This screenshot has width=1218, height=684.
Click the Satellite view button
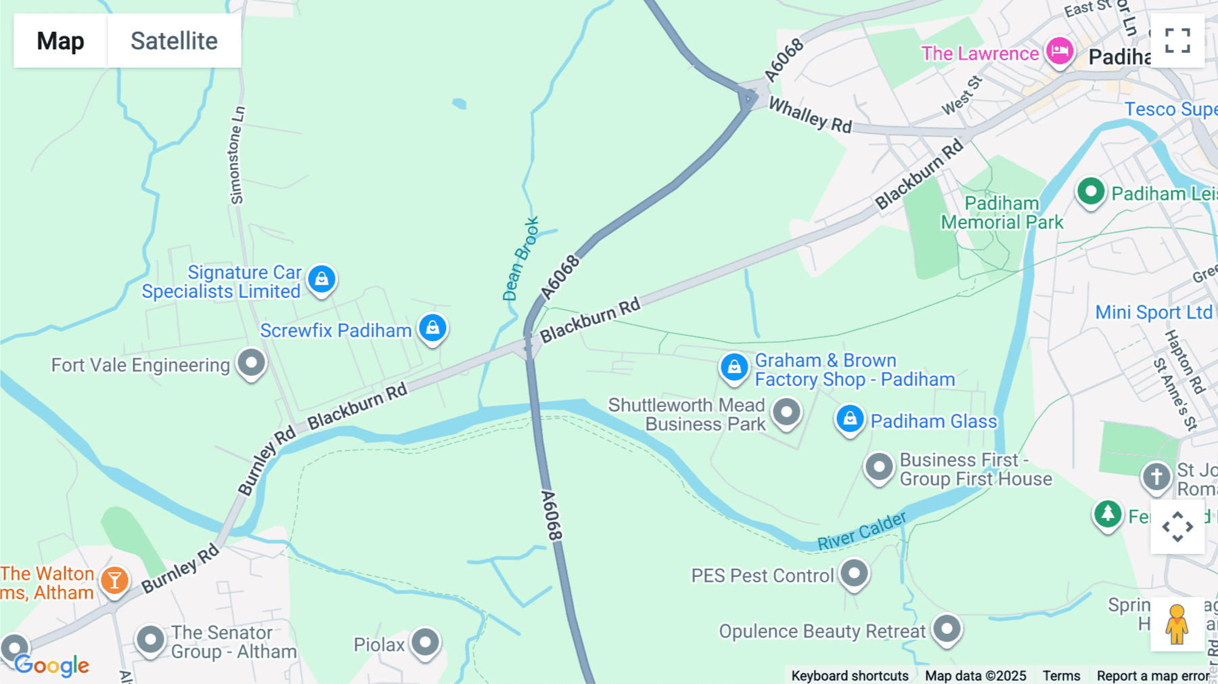click(x=174, y=41)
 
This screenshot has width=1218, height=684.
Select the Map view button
click(x=60, y=41)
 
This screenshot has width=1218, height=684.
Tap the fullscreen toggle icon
click(x=1177, y=41)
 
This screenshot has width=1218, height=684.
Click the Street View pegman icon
click(x=1177, y=624)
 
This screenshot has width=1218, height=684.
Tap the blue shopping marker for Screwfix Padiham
click(x=433, y=328)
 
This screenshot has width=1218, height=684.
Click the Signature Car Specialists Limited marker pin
click(x=322, y=279)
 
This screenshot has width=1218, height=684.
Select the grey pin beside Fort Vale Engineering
click(x=252, y=363)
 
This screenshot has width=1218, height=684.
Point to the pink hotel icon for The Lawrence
click(x=1060, y=51)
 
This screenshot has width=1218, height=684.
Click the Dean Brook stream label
click(x=521, y=259)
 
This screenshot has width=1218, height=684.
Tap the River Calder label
click(x=861, y=531)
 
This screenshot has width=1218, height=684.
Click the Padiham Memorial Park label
click(x=1001, y=213)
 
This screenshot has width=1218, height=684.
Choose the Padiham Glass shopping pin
click(x=850, y=419)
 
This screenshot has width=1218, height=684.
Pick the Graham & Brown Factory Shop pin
click(x=734, y=367)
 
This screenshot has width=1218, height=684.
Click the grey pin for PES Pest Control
click(x=855, y=574)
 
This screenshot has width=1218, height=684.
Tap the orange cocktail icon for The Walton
click(x=115, y=580)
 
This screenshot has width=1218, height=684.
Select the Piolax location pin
click(x=426, y=641)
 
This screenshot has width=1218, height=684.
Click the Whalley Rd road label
click(x=811, y=116)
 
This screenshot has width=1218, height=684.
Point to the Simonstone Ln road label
click(x=237, y=155)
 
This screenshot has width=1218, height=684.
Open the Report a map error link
click(x=1152, y=675)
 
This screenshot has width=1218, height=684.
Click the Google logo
click(x=52, y=665)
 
